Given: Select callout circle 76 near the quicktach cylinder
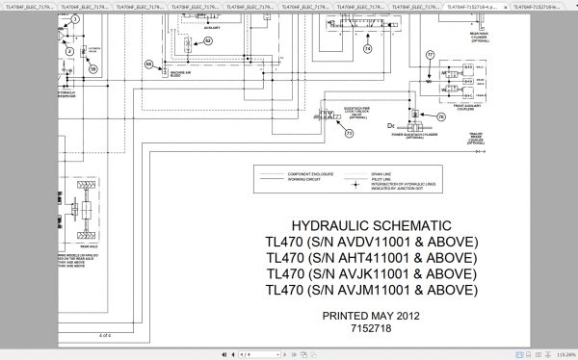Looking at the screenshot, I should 441,116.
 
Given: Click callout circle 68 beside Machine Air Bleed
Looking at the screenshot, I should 149,64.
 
